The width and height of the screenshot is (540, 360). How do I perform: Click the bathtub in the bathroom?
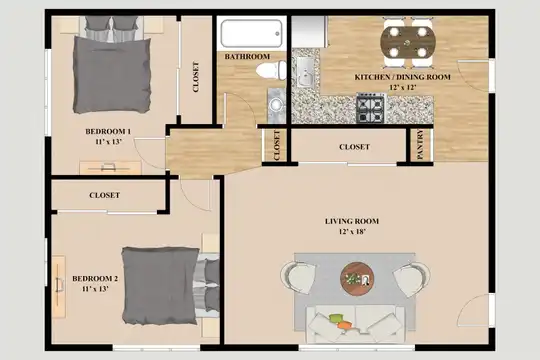251,33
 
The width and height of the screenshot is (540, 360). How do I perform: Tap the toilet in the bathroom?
271,70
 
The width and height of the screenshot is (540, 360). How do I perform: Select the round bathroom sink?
276,104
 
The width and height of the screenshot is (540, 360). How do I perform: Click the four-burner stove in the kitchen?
371,108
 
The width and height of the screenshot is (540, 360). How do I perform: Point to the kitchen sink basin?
305,73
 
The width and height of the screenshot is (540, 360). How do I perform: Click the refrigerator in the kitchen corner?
310,32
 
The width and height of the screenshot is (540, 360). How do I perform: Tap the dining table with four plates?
408,42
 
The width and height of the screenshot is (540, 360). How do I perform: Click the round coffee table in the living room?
357,279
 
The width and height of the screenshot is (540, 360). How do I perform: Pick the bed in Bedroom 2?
170,286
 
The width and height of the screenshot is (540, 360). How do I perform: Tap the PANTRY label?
420,144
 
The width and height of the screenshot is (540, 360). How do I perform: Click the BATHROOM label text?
247,56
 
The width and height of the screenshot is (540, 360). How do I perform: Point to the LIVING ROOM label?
352,221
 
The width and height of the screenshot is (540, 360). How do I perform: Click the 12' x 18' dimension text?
352,232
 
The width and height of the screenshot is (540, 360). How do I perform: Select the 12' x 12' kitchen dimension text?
403,87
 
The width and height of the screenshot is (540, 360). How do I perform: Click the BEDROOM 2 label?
95,278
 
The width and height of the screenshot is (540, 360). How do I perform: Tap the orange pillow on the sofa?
344,325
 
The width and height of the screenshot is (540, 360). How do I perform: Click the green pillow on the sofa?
337,318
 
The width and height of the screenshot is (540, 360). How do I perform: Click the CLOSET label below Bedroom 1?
104,195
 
